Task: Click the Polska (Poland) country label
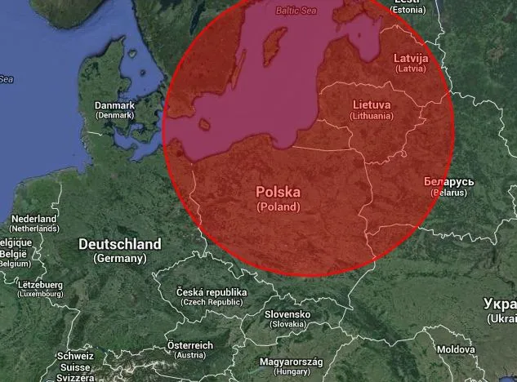(278, 198)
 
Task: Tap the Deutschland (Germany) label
(120, 250)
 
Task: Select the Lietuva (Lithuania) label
(372, 110)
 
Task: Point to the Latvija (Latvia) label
(410, 63)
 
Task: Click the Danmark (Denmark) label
(114, 110)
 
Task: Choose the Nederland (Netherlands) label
(33, 224)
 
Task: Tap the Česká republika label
(212, 297)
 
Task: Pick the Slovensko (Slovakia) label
(287, 318)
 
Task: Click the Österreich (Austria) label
(189, 349)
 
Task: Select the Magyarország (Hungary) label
(292, 366)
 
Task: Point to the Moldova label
(455, 349)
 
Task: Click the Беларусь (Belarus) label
(445, 186)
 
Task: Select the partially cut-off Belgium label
(13, 253)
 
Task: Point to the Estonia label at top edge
(408, 7)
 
